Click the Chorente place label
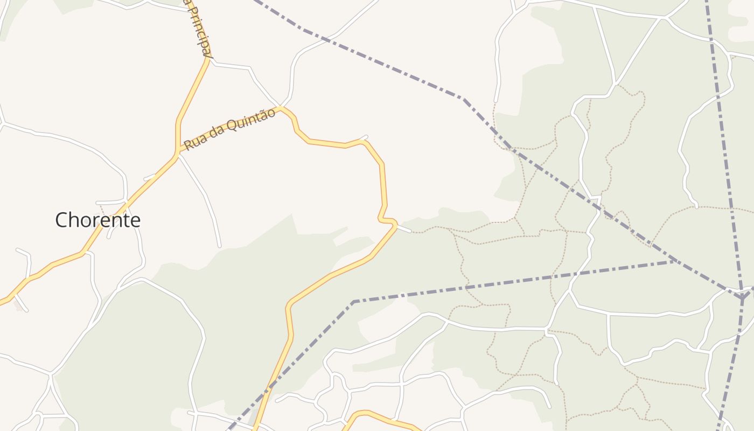pyautogui.click(x=97, y=220)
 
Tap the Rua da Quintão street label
pyautogui.click(x=230, y=129)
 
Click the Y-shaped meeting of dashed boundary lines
pyautogui.click(x=742, y=297)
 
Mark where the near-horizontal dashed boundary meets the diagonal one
pyautogui.click(x=674, y=261)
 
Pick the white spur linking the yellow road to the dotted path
pyautogui.click(x=404, y=230)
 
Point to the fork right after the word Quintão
pyautogui.click(x=281, y=107)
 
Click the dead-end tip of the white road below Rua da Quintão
pyautogui.click(x=219, y=246)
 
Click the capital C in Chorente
pyautogui.click(x=63, y=220)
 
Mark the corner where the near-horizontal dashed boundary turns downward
pyautogui.click(x=354, y=301)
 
